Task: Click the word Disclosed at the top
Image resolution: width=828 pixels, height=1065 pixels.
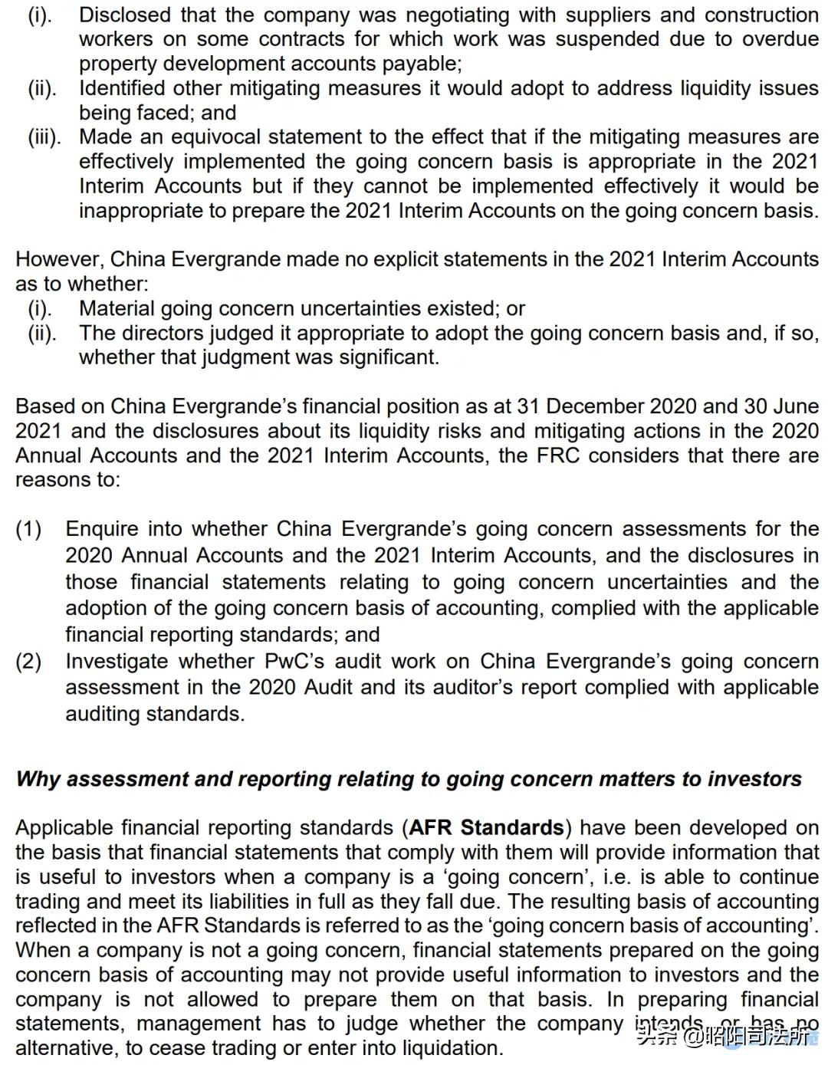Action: click(125, 15)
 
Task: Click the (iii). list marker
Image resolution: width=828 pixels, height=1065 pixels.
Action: click(44, 137)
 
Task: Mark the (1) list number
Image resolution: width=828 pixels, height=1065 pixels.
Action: click(28, 529)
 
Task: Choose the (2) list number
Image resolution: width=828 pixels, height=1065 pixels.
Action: click(28, 661)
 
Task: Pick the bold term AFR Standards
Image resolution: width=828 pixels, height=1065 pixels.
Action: click(487, 828)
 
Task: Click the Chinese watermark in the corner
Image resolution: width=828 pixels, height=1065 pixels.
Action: click(724, 1037)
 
